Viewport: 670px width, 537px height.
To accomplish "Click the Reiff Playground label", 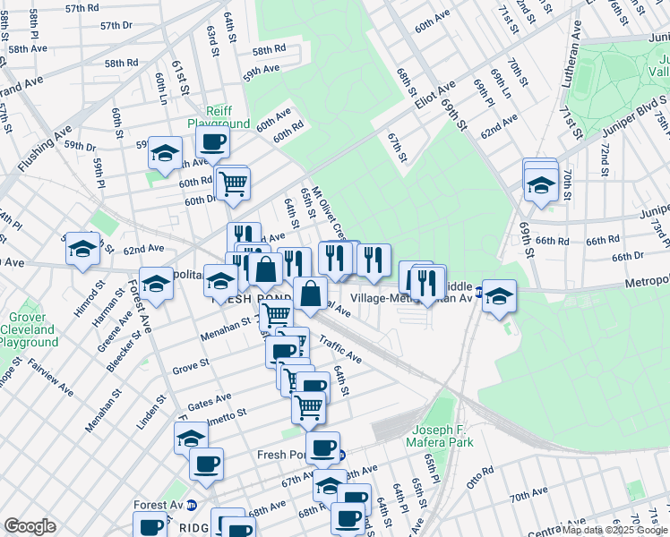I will tap(219, 116).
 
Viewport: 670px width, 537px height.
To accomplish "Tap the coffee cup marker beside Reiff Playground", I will tap(213, 141).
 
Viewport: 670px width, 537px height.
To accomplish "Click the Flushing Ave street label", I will tap(44, 149).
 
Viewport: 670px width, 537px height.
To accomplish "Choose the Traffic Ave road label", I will tap(339, 350).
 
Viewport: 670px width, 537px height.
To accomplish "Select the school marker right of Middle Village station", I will tap(500, 296).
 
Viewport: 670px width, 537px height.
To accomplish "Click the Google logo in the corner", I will tap(30, 526).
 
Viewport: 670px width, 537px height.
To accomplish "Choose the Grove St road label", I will tap(190, 366).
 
